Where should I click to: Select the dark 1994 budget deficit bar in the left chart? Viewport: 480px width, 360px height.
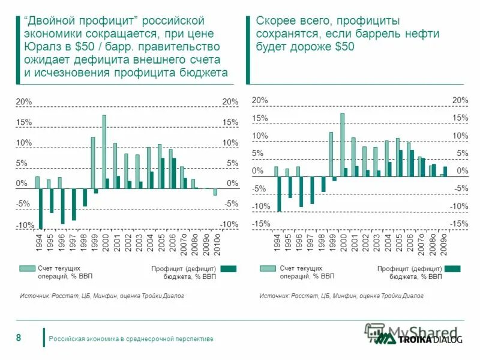41,208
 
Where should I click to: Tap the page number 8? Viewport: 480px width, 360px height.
19,338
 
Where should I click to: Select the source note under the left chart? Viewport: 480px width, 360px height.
101,296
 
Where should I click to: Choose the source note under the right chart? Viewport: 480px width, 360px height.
341,296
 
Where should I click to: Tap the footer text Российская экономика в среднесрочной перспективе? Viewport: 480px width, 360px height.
131,339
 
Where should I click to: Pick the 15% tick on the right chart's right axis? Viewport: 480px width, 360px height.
460,118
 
